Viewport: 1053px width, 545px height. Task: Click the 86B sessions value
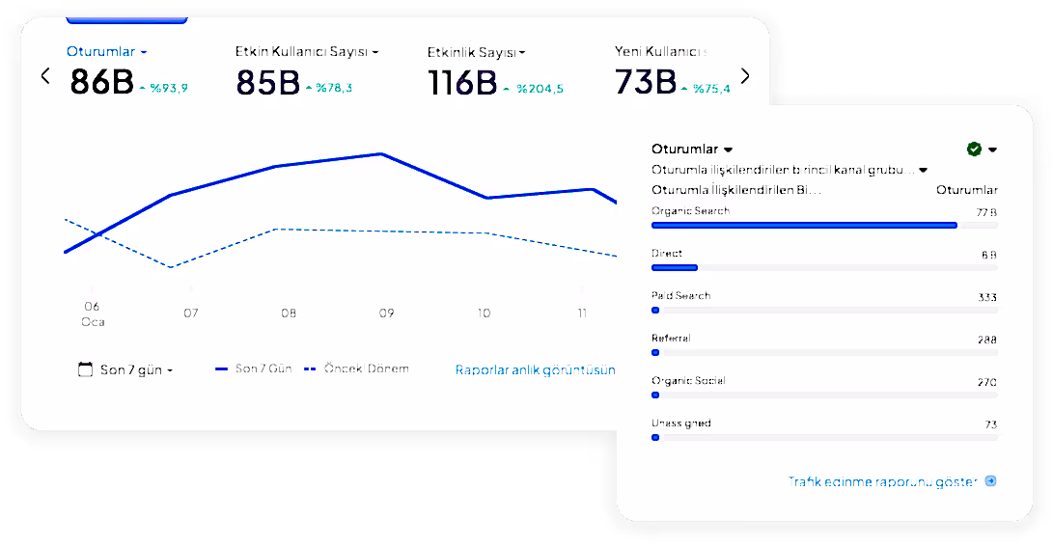point(101,83)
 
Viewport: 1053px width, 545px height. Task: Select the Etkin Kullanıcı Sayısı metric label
point(302,51)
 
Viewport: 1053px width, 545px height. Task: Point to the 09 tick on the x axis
point(386,313)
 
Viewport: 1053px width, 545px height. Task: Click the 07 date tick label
point(191,313)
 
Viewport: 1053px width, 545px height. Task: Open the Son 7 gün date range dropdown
point(125,369)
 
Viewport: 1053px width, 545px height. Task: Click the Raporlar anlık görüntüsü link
point(535,369)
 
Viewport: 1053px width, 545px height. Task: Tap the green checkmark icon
point(974,149)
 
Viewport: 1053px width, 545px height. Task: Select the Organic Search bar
point(804,225)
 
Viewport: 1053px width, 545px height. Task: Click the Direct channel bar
point(675,267)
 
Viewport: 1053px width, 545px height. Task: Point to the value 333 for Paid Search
point(986,297)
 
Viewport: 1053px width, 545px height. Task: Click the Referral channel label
point(671,338)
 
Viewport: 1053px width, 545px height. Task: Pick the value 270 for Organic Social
point(986,382)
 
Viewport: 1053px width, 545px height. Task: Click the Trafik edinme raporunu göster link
point(883,480)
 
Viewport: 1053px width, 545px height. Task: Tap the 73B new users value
point(645,83)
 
